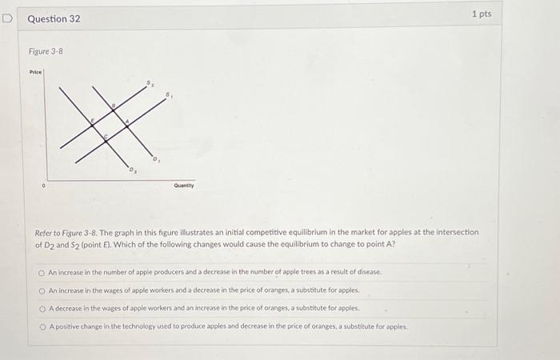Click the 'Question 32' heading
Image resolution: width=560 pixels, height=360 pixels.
point(54,18)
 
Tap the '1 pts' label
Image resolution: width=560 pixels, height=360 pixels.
point(481,14)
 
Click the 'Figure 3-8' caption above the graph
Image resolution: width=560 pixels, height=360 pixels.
point(46,51)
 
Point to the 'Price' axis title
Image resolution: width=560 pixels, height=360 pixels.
point(35,72)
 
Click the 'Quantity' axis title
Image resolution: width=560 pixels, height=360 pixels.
point(184,186)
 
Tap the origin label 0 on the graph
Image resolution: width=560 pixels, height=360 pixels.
point(44,186)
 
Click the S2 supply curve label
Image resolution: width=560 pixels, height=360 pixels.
point(149,82)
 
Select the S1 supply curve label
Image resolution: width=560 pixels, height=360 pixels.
point(169,95)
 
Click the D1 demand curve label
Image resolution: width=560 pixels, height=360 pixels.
point(157,159)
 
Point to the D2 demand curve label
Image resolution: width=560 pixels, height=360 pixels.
point(133,170)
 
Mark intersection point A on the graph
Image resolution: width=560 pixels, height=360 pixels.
point(126,121)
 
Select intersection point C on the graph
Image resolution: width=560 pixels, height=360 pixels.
point(108,138)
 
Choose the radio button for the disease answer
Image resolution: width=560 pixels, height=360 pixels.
point(42,272)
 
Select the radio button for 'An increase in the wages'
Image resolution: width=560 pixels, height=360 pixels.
point(42,290)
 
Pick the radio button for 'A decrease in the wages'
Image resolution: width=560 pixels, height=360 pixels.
point(42,308)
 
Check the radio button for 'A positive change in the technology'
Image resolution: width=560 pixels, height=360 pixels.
point(42,326)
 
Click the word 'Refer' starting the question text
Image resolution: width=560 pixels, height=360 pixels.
point(44,232)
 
